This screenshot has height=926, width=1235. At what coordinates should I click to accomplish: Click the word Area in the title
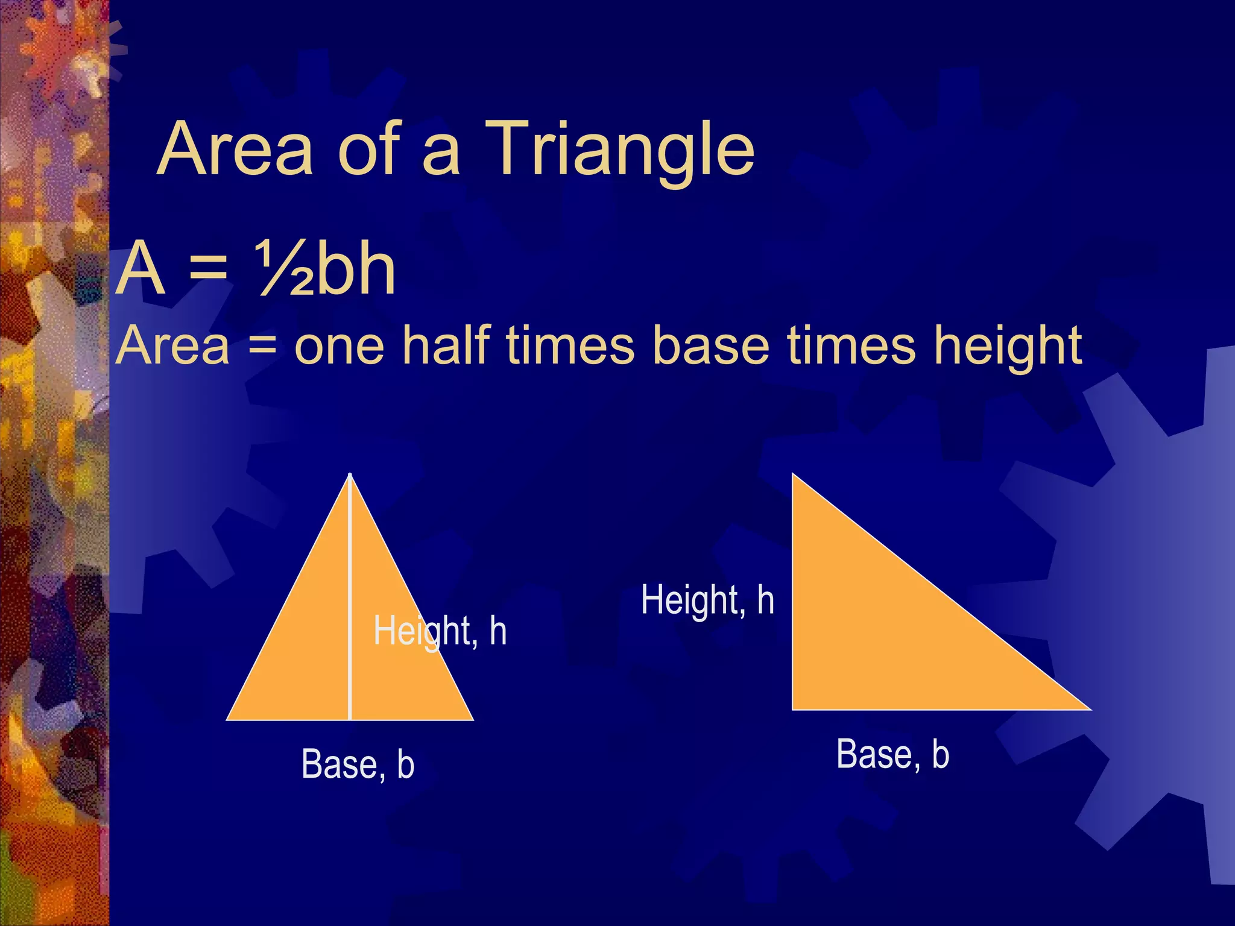pos(235,149)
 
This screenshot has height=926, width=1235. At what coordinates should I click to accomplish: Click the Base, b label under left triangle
pos(358,764)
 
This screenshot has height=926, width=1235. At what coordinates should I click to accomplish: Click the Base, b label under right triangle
pos(893,754)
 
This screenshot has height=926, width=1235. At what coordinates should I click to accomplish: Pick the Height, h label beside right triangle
pos(707,600)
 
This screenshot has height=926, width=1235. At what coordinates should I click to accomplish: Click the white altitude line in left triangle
pos(350,603)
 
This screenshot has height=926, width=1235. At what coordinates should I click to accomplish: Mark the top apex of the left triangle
pos(350,475)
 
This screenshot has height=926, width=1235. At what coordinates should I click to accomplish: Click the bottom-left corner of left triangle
pos(228,719)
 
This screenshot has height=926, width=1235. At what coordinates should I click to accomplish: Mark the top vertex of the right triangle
pos(793,475)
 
